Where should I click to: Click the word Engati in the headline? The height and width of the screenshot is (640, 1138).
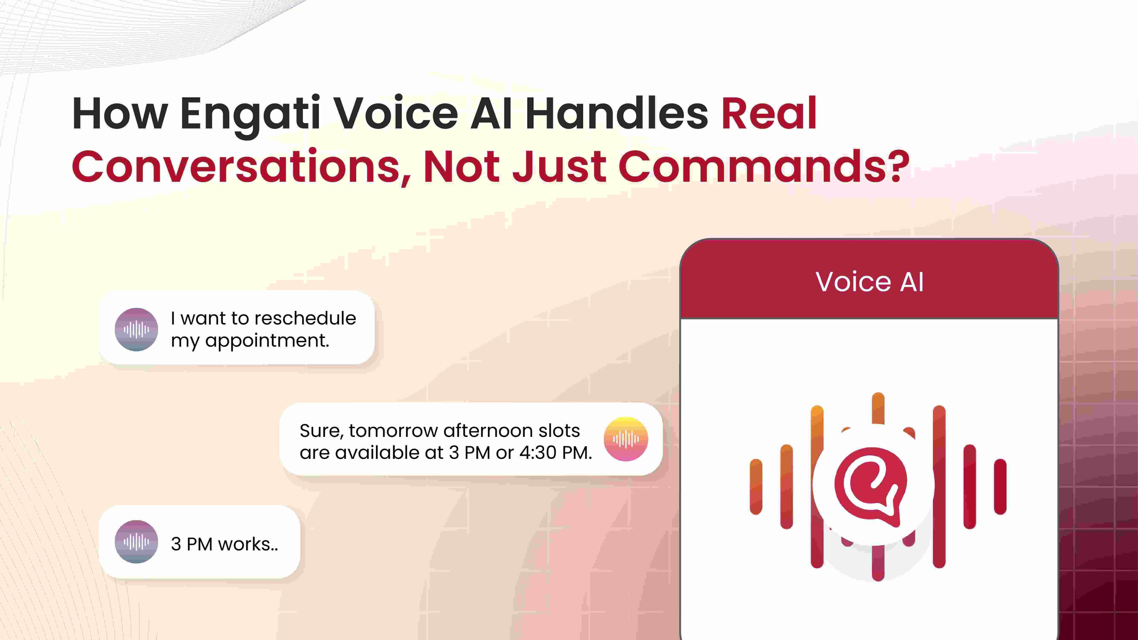[250, 114]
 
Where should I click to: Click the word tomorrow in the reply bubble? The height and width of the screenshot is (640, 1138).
[393, 431]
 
